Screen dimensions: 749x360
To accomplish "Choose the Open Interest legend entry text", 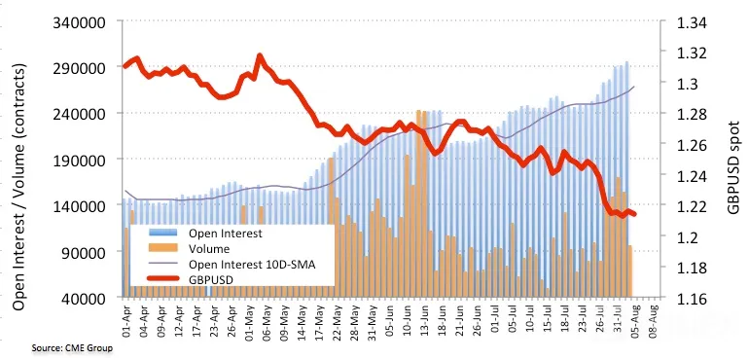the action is point(226,234).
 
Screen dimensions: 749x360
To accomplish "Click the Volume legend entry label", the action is point(209,249).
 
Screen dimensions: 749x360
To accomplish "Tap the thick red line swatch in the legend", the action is point(162,279).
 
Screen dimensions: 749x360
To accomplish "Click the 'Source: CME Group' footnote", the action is point(72,348).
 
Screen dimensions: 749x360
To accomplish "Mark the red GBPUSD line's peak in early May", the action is point(260,56).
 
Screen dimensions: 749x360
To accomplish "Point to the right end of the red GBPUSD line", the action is point(634,214).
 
